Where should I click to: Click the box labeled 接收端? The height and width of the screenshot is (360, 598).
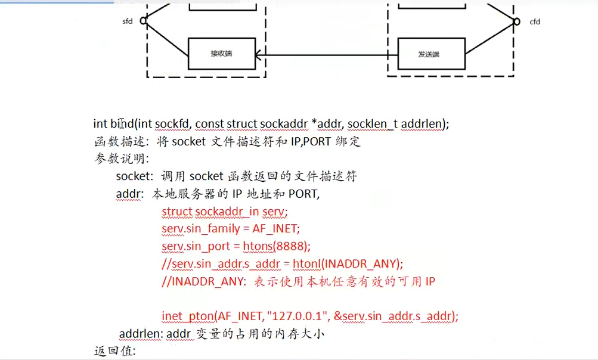pyautogui.click(x=221, y=54)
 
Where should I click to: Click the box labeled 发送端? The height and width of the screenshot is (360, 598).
pyautogui.click(x=428, y=54)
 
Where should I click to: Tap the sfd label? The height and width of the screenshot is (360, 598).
pyautogui.click(x=127, y=21)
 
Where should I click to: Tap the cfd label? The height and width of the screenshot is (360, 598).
pyautogui.click(x=535, y=22)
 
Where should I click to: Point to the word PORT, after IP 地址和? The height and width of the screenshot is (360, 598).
pyautogui.click(x=303, y=194)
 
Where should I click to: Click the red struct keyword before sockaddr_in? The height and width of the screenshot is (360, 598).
pyautogui.click(x=176, y=211)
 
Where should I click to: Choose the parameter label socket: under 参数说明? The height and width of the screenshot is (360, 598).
pyautogui.click(x=135, y=176)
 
